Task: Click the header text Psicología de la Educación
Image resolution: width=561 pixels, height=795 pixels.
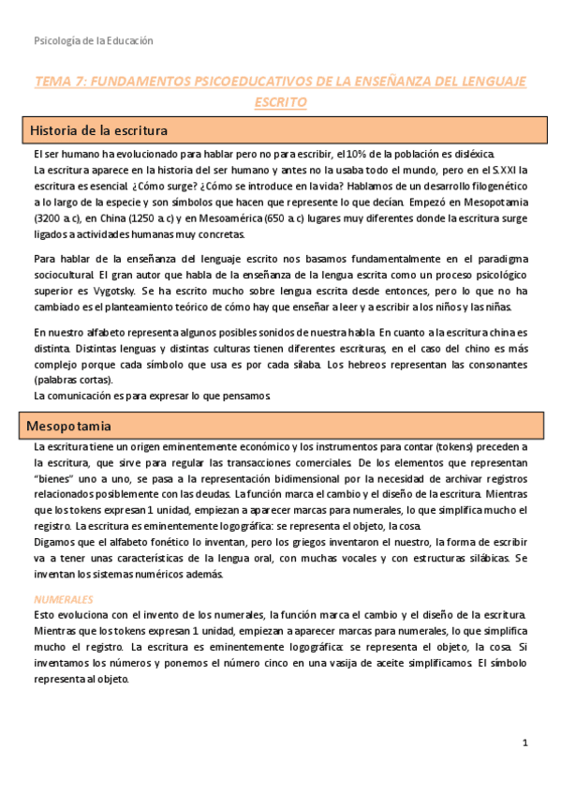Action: (x=93, y=41)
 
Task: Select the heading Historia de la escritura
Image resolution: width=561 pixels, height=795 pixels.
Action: (x=99, y=129)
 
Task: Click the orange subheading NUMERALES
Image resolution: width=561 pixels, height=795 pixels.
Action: (x=64, y=571)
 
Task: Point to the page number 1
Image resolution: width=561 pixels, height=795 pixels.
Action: (x=525, y=742)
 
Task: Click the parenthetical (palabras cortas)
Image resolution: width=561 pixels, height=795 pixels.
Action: (x=73, y=380)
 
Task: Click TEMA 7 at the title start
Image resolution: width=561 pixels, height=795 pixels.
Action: (x=60, y=82)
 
